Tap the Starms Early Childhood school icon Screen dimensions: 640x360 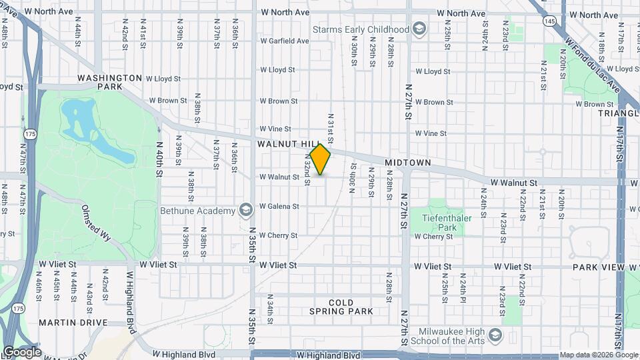tap(419, 29)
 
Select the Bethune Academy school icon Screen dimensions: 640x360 tap(246, 211)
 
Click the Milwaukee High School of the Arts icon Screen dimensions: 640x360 tap(495, 334)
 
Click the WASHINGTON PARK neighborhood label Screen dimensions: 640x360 tap(109, 82)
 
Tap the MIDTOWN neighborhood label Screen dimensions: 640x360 tap(408, 163)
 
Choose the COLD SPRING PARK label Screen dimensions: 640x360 tap(350, 307)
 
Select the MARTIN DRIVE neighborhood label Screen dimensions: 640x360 tap(73, 323)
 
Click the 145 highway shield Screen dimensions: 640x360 tap(549, 22)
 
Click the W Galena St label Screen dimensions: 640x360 tap(279, 206)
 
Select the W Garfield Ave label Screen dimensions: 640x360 tap(285, 41)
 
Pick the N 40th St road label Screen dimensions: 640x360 tap(160, 158)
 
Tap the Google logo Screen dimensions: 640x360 tap(22, 352)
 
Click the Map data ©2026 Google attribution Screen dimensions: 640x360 tap(598, 355)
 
